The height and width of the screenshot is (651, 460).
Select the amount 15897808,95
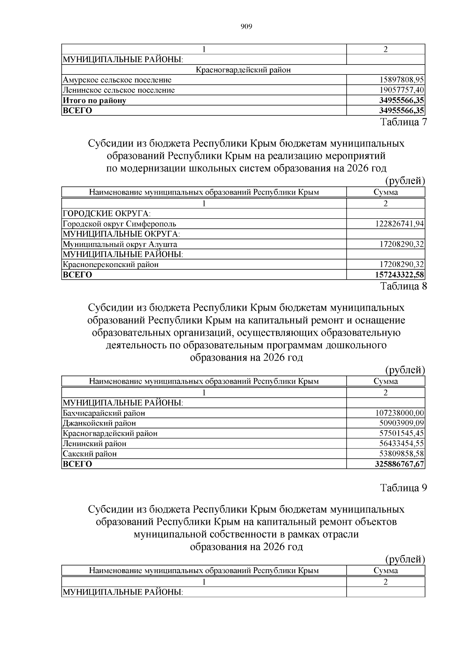coord(401,80)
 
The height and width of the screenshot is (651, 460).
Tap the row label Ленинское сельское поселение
coord(118,90)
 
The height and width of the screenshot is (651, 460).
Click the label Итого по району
coord(94,101)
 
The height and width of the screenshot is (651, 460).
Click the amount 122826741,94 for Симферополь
coord(399,224)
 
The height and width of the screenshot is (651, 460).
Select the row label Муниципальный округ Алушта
coord(120,244)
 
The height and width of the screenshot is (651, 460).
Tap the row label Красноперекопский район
coord(110,264)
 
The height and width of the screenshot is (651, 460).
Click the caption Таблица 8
coord(403,286)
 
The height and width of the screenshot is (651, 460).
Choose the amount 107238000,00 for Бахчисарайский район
coord(399,413)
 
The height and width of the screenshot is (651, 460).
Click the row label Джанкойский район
coord(99,423)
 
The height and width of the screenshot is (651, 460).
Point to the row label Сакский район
coord(90,454)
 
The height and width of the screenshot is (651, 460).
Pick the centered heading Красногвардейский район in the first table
coord(243,70)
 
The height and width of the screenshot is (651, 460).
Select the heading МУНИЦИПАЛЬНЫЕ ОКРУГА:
coord(121,234)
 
